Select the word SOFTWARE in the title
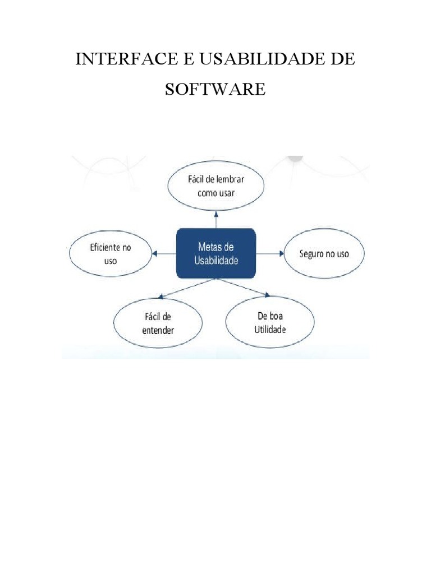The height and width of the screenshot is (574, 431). pyautogui.click(x=215, y=90)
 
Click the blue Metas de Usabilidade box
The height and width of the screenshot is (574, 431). pyautogui.click(x=216, y=254)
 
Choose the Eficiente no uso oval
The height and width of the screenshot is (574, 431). pyautogui.click(x=110, y=254)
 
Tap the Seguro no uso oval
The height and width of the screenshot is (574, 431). pyautogui.click(x=323, y=254)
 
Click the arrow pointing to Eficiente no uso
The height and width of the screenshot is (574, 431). pyautogui.click(x=164, y=254)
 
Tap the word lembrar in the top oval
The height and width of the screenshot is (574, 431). pyautogui.click(x=229, y=180)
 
